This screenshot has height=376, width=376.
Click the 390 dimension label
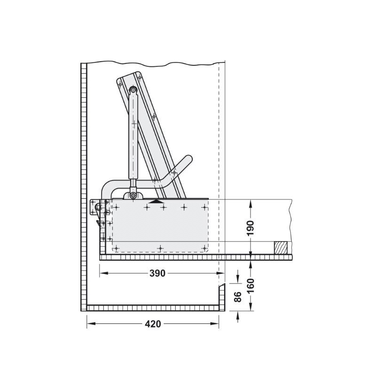click(157, 273)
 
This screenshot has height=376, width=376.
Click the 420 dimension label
click(153, 324)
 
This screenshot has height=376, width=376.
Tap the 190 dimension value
click(250, 228)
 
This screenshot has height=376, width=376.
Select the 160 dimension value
click(250, 286)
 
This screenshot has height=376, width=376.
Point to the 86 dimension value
click(237, 297)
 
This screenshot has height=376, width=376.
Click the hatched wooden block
click(281, 248)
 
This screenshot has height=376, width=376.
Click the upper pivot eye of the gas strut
click(133, 90)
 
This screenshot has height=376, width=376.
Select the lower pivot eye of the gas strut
click(133, 196)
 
